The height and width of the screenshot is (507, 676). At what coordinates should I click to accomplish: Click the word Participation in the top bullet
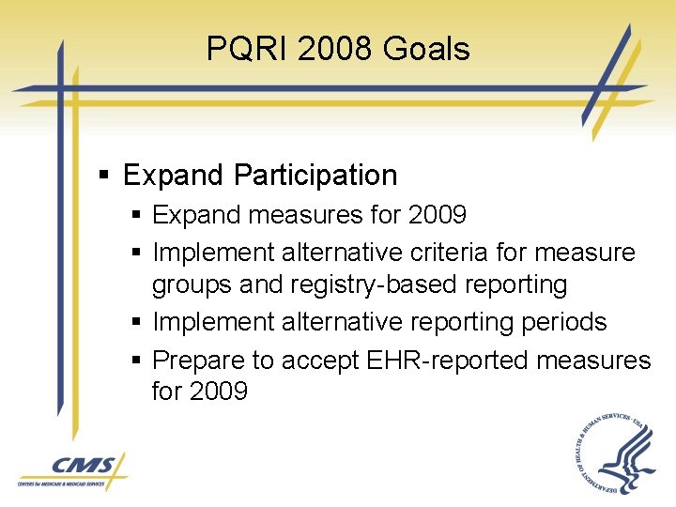[315, 176]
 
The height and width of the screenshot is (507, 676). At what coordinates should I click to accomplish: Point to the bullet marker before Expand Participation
[106, 177]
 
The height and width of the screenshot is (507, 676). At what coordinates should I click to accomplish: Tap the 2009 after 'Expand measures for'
[438, 216]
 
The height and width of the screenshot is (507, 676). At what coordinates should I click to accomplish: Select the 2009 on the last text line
[219, 392]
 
